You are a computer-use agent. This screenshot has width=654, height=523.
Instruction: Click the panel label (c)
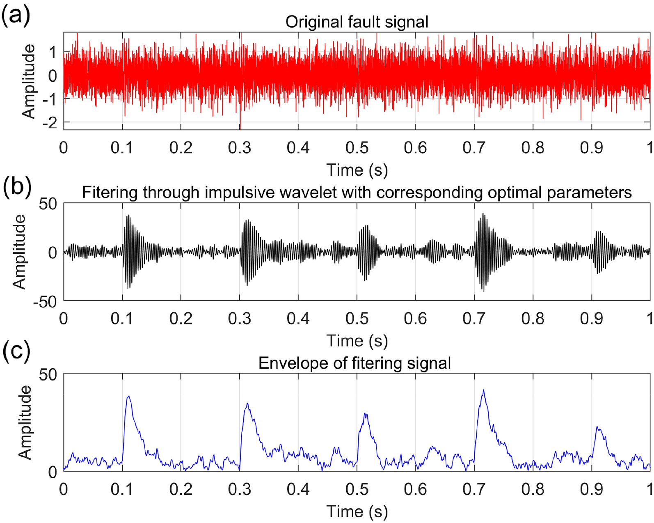pyautogui.click(x=16, y=352)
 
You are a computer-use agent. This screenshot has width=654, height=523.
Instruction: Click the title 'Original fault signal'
pyautogui.click(x=357, y=22)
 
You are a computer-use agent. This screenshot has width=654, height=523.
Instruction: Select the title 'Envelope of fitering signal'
pyautogui.click(x=354, y=363)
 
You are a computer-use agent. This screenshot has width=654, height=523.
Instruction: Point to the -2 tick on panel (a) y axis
pyautogui.click(x=52, y=122)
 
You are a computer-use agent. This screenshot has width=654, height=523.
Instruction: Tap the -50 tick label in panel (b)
pyautogui.click(x=46, y=301)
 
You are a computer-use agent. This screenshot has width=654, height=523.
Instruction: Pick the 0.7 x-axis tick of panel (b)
pyautogui.click(x=474, y=319)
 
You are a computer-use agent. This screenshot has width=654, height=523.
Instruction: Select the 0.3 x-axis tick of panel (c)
pyautogui.click(x=240, y=489)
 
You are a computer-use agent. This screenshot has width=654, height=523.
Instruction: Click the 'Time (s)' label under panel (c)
pyautogui.click(x=357, y=512)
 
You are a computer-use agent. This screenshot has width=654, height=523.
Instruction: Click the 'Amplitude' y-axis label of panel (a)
pyautogui.click(x=29, y=81)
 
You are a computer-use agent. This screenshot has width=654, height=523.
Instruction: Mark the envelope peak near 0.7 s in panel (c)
pyautogui.click(x=484, y=391)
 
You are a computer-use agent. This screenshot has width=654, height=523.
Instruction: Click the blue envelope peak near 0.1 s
pyautogui.click(x=128, y=397)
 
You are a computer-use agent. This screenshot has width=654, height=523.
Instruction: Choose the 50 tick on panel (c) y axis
pyautogui.click(x=48, y=374)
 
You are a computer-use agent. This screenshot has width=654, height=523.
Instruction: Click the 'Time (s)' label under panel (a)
pyautogui.click(x=357, y=170)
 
